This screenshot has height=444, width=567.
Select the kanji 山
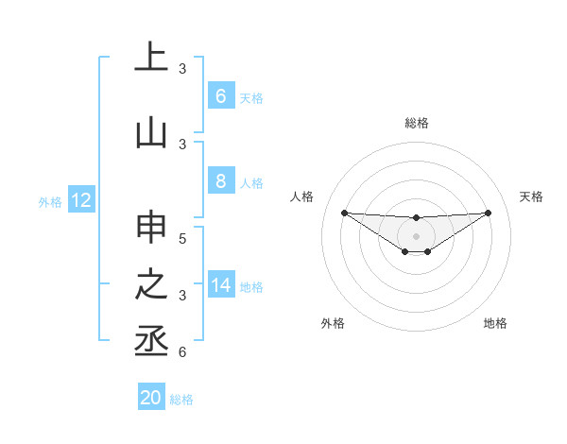151,132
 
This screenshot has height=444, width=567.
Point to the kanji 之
151,284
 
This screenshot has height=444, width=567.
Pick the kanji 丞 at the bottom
151,341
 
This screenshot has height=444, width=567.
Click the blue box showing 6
220,96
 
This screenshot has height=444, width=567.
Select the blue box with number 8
220,182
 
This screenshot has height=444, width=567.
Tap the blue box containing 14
221,285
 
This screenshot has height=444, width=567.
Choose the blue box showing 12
80,200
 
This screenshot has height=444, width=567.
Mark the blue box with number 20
151,398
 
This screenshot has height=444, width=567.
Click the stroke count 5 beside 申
182,239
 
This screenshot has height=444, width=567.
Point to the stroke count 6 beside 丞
182,352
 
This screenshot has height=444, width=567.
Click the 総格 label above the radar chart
416,123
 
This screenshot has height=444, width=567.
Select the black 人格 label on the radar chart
302,196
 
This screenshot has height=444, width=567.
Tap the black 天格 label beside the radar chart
531,196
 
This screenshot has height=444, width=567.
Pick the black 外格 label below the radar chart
333,323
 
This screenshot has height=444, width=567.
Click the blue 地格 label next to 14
251,286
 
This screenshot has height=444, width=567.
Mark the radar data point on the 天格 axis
488,213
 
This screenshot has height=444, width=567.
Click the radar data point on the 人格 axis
344,213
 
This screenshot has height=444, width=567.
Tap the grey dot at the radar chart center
416,235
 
